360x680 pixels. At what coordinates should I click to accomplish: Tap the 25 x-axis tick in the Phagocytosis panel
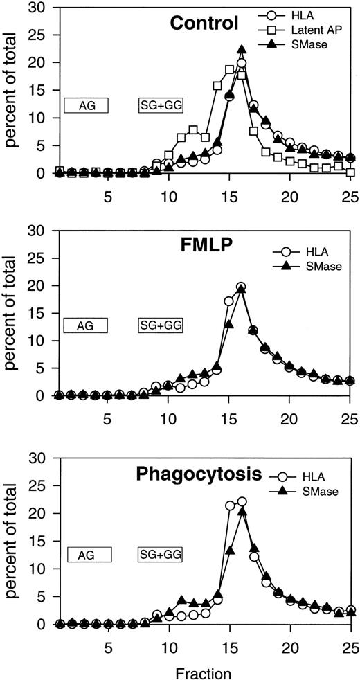351,642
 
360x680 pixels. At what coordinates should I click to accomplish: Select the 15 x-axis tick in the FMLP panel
229,418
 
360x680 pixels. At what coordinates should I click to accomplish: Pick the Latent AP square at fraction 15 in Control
230,70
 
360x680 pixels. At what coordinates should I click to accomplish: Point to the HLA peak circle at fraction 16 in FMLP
242,287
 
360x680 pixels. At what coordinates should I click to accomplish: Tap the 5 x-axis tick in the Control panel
107,197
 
